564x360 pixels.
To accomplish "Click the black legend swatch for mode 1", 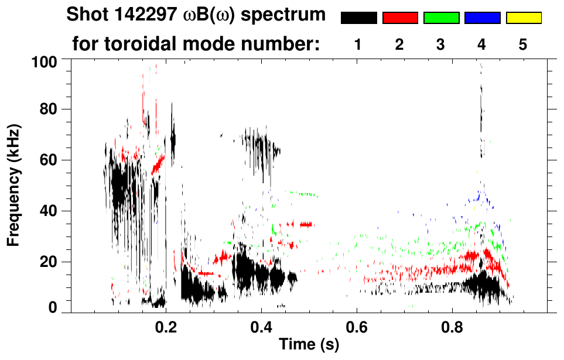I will [358, 18].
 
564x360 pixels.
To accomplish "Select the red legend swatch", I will [400, 18].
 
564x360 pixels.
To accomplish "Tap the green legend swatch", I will [441, 18].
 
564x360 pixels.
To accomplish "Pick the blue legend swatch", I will [482, 18].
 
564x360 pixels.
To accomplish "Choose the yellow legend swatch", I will [524, 18].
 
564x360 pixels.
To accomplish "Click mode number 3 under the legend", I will [440, 44].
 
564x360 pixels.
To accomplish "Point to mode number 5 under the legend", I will [523, 44].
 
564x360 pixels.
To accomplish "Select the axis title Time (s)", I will [309, 344].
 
